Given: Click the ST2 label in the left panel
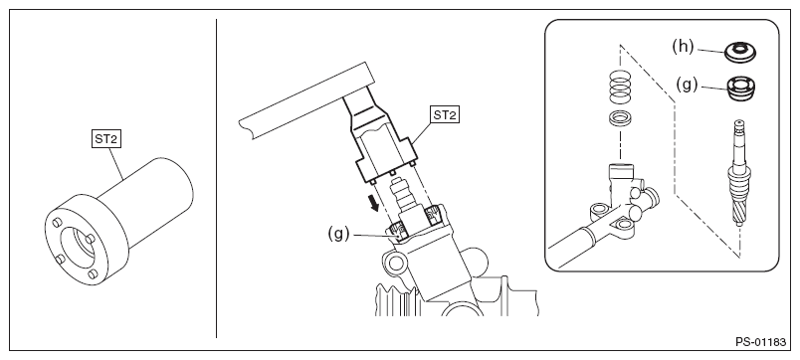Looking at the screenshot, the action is pos(106,138).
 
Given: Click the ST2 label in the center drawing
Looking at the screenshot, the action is pos(445,114).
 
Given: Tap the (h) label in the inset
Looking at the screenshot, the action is pos(684,47).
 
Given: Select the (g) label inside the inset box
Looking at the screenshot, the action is pos(687,85).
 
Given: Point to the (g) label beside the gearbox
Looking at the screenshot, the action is pos(338,234).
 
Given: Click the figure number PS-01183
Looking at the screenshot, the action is pos(761,342).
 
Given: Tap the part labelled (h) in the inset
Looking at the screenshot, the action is pos(740,52).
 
